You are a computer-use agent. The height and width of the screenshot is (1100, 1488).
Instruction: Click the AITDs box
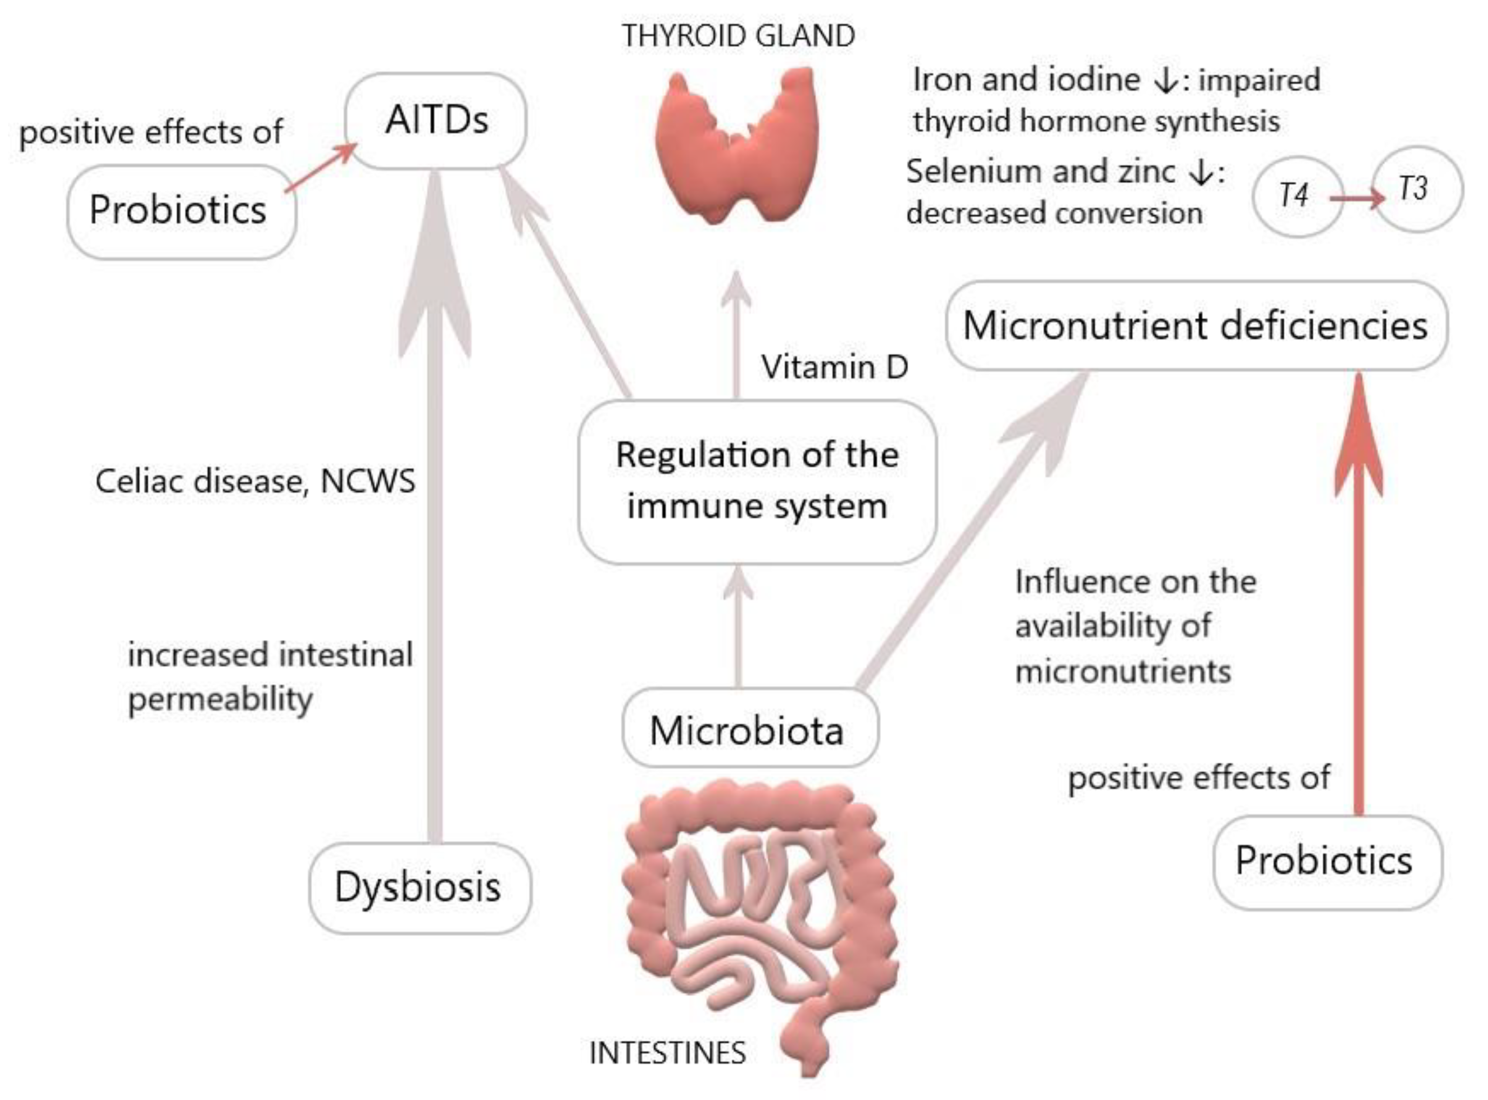click(x=436, y=121)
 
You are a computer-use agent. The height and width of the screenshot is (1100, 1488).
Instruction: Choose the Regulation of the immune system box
click(x=757, y=481)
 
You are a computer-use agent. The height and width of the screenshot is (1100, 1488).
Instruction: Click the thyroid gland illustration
click(x=736, y=147)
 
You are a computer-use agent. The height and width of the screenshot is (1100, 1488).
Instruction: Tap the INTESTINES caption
click(x=668, y=1053)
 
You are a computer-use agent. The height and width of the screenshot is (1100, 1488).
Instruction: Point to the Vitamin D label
click(x=835, y=367)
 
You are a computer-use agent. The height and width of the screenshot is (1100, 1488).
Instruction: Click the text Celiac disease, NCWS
click(x=255, y=481)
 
